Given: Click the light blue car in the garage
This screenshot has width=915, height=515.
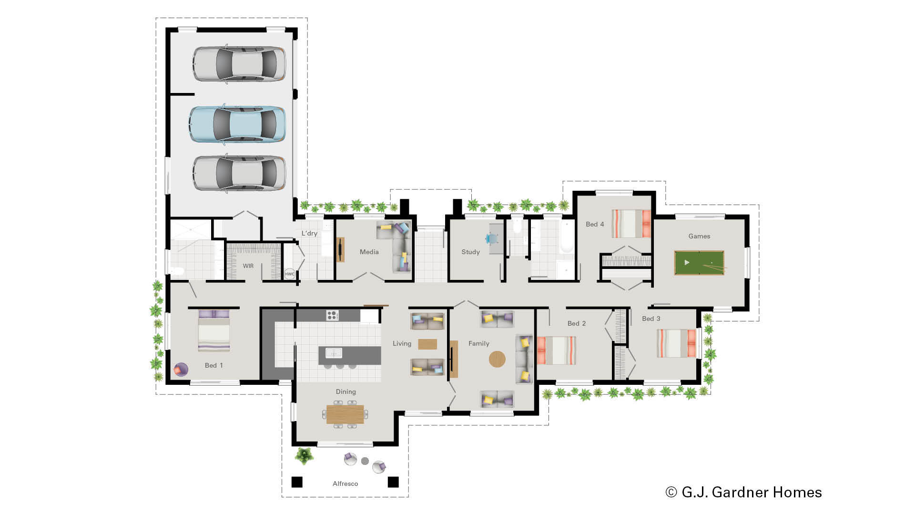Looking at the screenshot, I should (237, 124).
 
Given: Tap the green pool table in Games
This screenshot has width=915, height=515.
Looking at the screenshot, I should (699, 263).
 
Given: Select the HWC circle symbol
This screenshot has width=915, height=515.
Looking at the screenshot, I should (289, 274).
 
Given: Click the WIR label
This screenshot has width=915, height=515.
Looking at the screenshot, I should (248, 266).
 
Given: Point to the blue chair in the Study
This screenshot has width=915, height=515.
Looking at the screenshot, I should (491, 238).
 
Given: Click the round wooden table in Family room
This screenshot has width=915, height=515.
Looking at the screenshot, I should (497, 359).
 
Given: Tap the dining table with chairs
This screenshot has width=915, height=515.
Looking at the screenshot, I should (345, 414).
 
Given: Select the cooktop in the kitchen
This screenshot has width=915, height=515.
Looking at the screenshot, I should (332, 315).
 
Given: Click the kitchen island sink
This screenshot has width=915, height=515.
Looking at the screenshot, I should (334, 353).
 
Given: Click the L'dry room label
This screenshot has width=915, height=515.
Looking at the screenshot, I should (309, 233).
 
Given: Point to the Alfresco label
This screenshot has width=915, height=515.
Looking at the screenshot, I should (345, 484).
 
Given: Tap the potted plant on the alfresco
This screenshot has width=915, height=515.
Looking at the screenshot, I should (304, 455).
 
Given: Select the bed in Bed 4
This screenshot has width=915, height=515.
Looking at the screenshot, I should (631, 224).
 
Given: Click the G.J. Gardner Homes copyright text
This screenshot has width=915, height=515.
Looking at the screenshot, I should (743, 492).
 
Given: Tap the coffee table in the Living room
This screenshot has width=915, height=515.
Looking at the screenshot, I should (427, 344).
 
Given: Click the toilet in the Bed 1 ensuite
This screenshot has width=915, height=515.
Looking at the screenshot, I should (177, 271).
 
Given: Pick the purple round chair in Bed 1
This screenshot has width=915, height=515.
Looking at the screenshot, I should (181, 369).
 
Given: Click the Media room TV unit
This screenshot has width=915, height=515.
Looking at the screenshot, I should (340, 249).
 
